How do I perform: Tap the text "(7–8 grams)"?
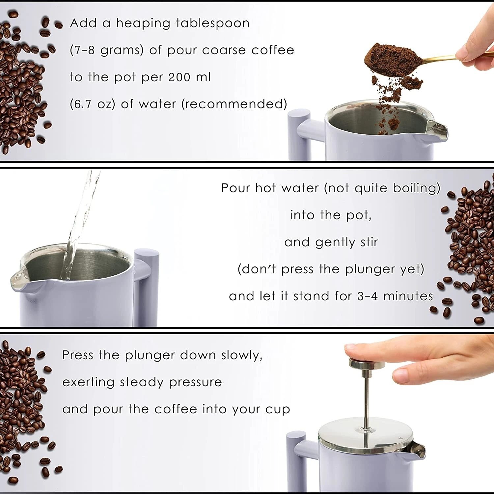[107, 50]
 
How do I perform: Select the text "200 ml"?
[189, 77]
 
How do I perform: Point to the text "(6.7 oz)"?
[92, 104]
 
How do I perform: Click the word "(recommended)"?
[234, 104]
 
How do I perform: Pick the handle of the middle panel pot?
[147, 283]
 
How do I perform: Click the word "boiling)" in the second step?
[417, 188]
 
